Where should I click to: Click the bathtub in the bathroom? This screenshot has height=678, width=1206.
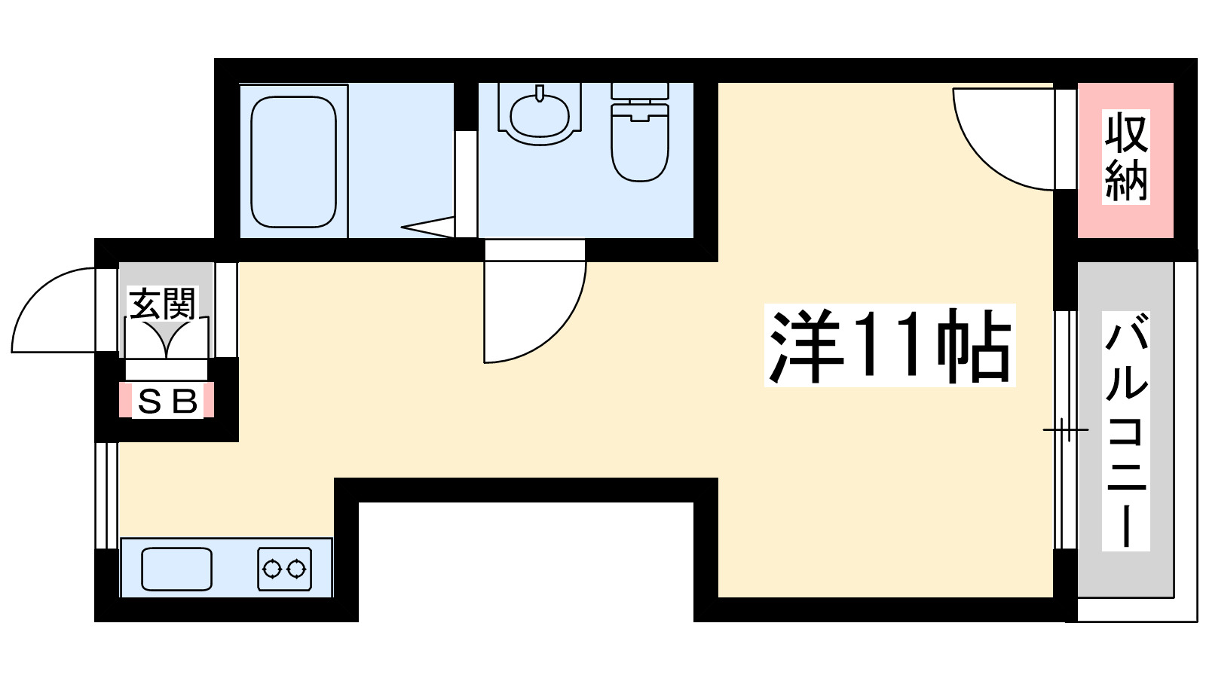point(293,161)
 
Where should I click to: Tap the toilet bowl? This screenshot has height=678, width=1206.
point(640,147)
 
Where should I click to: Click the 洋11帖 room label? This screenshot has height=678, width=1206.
point(889,346)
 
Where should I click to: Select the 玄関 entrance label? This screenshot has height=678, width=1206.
point(162,303)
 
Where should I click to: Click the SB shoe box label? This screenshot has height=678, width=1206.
point(167,401)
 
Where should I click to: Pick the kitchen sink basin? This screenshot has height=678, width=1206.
point(177,569)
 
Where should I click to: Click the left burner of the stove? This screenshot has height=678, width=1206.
point(273,568)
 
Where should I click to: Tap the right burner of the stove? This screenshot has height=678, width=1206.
point(298,568)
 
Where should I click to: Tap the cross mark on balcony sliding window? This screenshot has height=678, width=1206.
point(1065,430)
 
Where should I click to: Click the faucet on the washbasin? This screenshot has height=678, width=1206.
point(540,93)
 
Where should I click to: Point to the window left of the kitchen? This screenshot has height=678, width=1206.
point(106,495)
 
